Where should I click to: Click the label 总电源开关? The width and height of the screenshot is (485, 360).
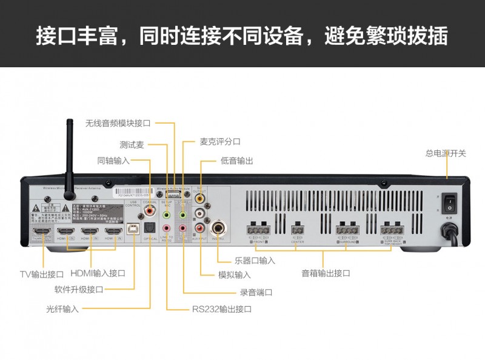pyautogui.click(x=446, y=153)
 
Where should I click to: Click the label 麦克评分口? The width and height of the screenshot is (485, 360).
pyautogui.click(x=220, y=141)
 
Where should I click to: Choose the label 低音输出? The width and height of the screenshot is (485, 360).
pyautogui.click(x=236, y=161)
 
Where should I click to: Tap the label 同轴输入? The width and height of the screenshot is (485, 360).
pyautogui.click(x=113, y=161)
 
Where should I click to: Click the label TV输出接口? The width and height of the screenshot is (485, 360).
pyautogui.click(x=41, y=274)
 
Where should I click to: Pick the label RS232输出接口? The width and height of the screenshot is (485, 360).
pyautogui.click(x=221, y=309)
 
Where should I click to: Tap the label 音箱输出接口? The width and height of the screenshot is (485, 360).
pyautogui.click(x=326, y=273)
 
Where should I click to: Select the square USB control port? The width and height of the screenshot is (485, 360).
pyautogui.click(x=132, y=228)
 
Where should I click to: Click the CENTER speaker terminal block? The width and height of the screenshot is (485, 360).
pyautogui.click(x=297, y=230)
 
